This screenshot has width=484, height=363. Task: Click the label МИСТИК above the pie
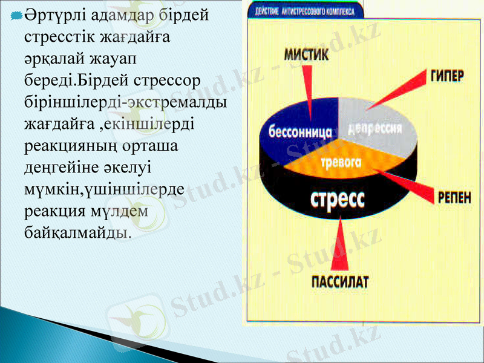307,54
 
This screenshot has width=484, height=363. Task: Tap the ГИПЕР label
446,76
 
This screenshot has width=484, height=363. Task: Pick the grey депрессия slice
375,128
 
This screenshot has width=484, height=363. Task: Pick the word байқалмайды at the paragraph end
76,231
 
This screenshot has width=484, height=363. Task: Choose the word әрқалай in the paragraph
52,59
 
